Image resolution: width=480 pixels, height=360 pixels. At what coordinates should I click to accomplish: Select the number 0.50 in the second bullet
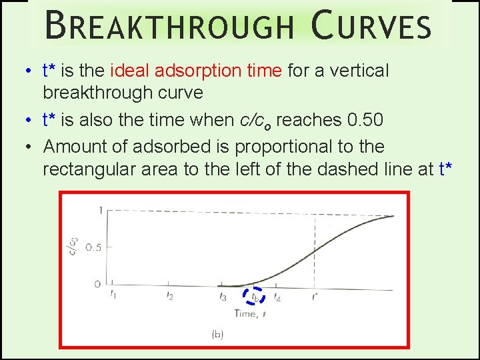click(365, 120)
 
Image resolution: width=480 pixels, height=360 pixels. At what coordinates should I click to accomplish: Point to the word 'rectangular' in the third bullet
click(89, 169)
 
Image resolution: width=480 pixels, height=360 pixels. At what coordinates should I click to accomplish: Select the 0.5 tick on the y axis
click(93, 248)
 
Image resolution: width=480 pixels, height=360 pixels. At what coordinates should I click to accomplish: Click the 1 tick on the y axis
click(100, 211)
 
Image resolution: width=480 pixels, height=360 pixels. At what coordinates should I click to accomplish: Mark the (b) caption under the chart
click(217, 334)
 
